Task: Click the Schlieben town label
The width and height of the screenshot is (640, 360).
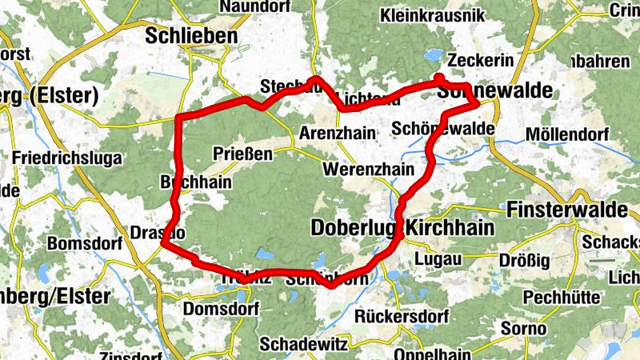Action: (x=192, y=36)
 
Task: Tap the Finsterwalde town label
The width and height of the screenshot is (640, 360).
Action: (x=566, y=210)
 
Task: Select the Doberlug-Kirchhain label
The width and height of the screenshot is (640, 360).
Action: (x=402, y=228)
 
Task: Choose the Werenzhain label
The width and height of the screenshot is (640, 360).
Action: (x=367, y=170)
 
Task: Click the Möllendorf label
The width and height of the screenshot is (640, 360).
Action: (x=562, y=134)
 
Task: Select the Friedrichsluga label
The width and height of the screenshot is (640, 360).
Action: (x=67, y=158)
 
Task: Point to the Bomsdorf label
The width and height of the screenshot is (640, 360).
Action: (x=84, y=243)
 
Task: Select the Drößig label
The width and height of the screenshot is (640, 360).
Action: (x=520, y=260)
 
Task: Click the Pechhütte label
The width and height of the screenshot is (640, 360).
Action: (x=563, y=297)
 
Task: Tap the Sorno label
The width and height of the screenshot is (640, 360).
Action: (x=523, y=328)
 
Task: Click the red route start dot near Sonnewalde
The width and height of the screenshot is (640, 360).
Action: (x=438, y=77)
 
